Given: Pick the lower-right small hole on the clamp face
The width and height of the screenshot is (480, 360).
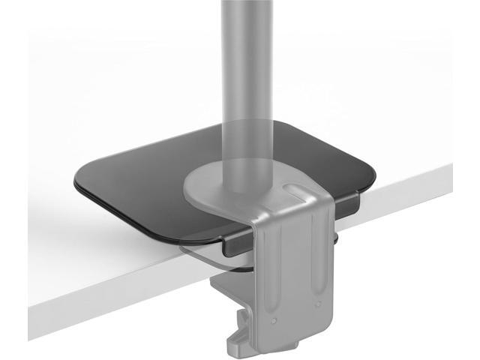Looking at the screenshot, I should click(x=319, y=304).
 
